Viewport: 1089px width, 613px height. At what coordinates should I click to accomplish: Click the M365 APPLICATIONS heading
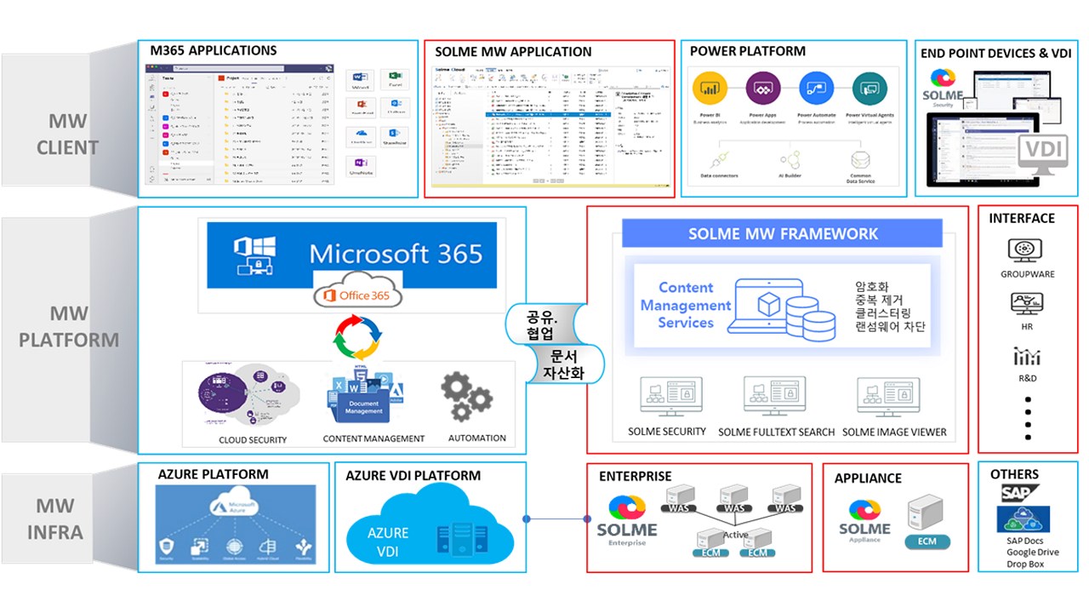pyautogui.click(x=214, y=50)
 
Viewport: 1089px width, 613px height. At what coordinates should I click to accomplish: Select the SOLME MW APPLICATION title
pyautogui.click(x=513, y=52)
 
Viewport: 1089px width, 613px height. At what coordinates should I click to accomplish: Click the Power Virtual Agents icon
pyautogui.click(x=869, y=88)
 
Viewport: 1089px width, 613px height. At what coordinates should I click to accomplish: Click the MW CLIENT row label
pyautogui.click(x=67, y=135)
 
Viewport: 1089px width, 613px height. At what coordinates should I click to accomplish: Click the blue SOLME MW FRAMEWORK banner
pyautogui.click(x=782, y=233)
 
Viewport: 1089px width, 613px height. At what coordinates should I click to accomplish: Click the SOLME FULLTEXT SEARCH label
pyautogui.click(x=776, y=432)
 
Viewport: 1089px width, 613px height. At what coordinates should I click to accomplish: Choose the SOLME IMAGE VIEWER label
pyautogui.click(x=894, y=432)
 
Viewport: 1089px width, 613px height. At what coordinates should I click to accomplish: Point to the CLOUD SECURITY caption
pyautogui.click(x=253, y=440)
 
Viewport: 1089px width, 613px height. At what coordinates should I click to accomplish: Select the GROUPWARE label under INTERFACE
pyautogui.click(x=1027, y=275)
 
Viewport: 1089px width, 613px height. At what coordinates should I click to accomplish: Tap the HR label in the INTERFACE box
pyautogui.click(x=1027, y=327)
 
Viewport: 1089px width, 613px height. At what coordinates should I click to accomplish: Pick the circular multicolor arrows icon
pyautogui.click(x=358, y=338)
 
